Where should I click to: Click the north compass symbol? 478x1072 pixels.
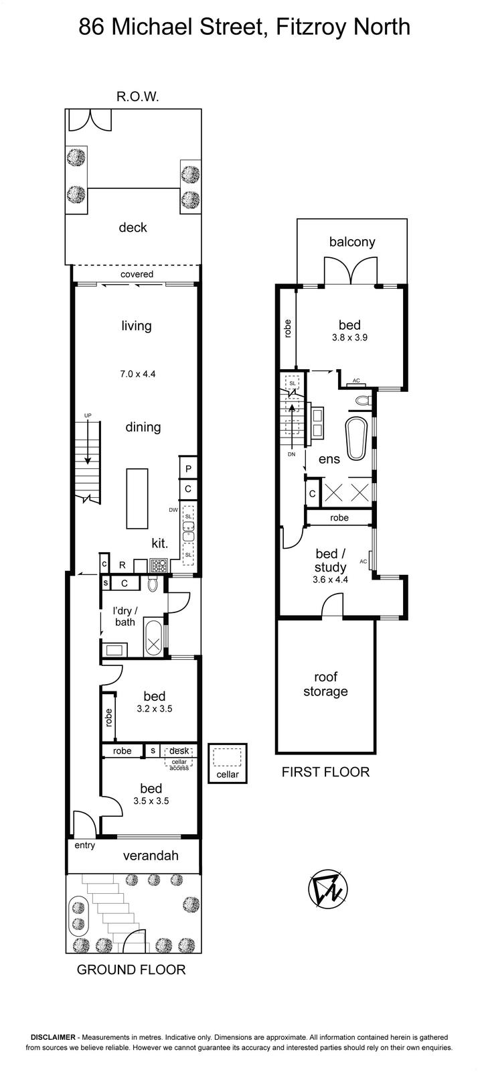point(328,889)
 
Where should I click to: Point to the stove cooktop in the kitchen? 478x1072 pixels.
point(159,565)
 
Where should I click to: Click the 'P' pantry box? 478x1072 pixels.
point(188,468)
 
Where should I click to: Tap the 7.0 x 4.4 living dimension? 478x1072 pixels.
point(138,375)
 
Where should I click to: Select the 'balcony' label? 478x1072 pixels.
point(352,242)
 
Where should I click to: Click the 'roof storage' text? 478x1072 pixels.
point(325,684)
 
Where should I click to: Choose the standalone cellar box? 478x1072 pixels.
point(228,763)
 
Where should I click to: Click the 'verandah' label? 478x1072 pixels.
point(151,855)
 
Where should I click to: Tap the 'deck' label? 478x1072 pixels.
point(133,227)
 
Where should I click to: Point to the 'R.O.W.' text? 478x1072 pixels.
point(138,97)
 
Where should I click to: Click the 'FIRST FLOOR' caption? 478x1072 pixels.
point(325,772)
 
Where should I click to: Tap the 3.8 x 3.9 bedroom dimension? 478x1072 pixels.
point(349,338)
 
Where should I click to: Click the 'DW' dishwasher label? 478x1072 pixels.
point(173,510)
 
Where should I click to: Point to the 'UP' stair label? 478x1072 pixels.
point(88,415)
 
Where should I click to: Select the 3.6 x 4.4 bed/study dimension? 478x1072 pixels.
point(330,580)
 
